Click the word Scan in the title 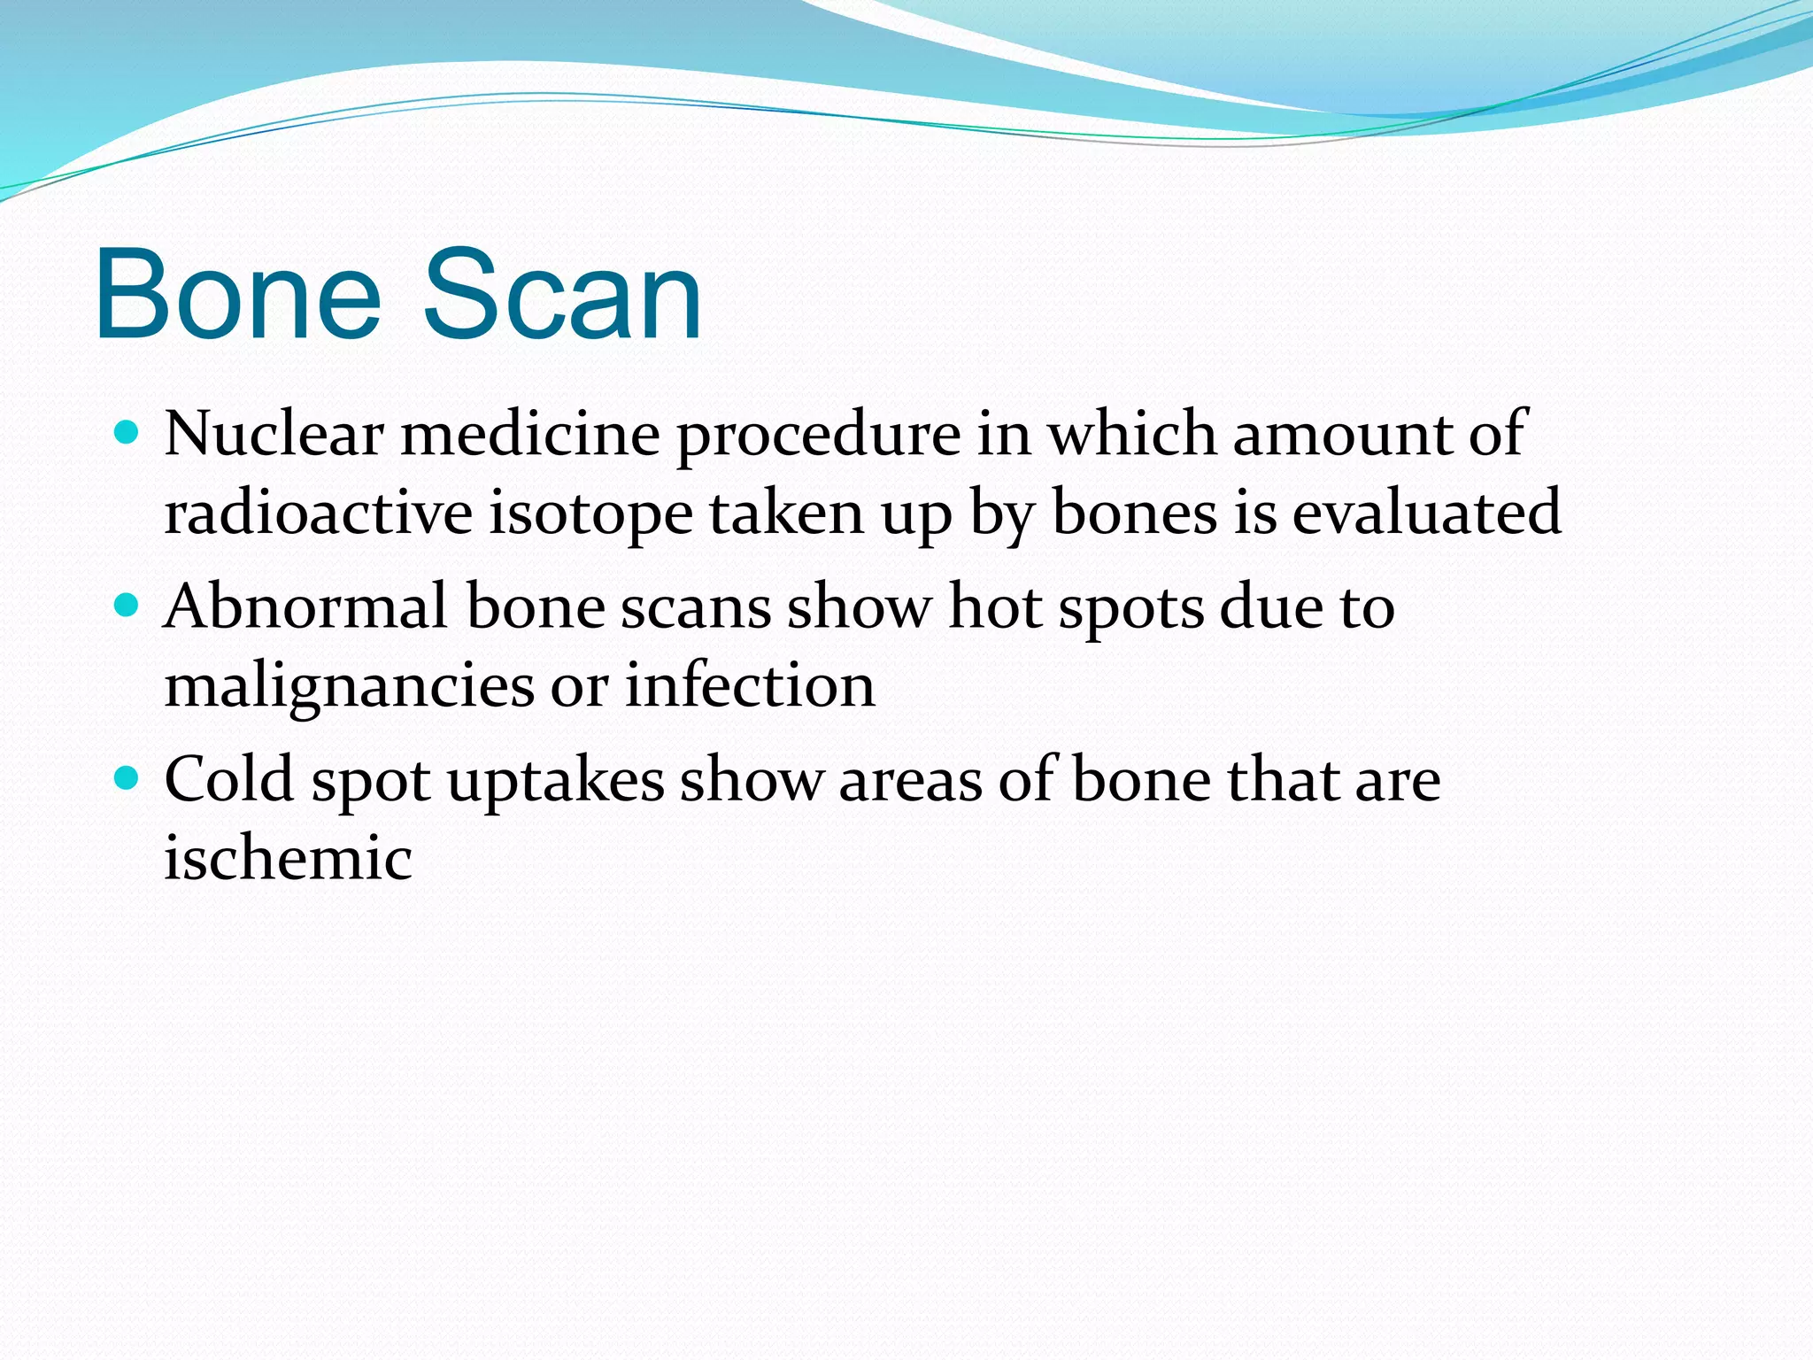coord(561,294)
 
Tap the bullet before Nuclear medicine coord(127,433)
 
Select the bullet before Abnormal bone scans coord(127,607)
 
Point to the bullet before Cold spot coord(127,779)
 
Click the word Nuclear coord(274,434)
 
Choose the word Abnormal coord(306,607)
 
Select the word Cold coord(229,779)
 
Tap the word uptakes coord(556,781)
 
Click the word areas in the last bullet coord(911,781)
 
